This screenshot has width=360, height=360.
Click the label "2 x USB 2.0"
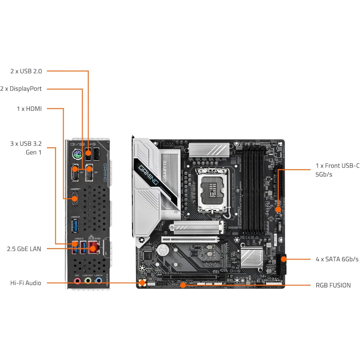[x=26, y=71]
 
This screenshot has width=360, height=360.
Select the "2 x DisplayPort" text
[x=21, y=89]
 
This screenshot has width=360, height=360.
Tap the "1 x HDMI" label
[x=29, y=108]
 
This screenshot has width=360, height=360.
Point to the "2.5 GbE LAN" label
[x=24, y=249]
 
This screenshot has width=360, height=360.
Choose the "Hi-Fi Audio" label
[x=26, y=283]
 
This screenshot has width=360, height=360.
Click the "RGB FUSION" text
[x=333, y=285]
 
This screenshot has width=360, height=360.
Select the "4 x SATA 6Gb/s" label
[x=337, y=259]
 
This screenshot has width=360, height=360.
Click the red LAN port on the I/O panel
[x=94, y=247]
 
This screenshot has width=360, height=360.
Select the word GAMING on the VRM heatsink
[x=149, y=175]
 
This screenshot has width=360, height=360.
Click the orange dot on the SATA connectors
[x=283, y=258]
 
